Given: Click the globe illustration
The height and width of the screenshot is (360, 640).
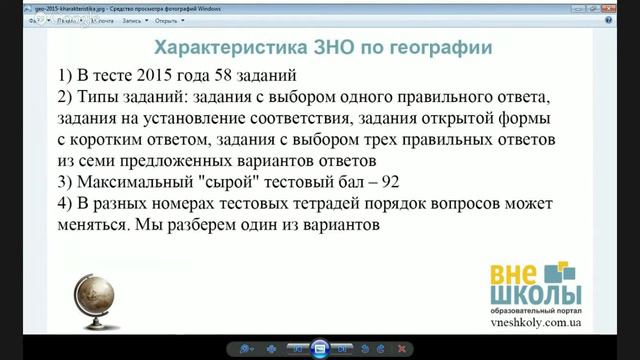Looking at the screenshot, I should [x=98, y=296].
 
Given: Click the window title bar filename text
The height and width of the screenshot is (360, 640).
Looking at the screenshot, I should [x=115, y=6].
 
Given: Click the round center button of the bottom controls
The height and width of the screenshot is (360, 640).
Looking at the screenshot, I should [x=320, y=348].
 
